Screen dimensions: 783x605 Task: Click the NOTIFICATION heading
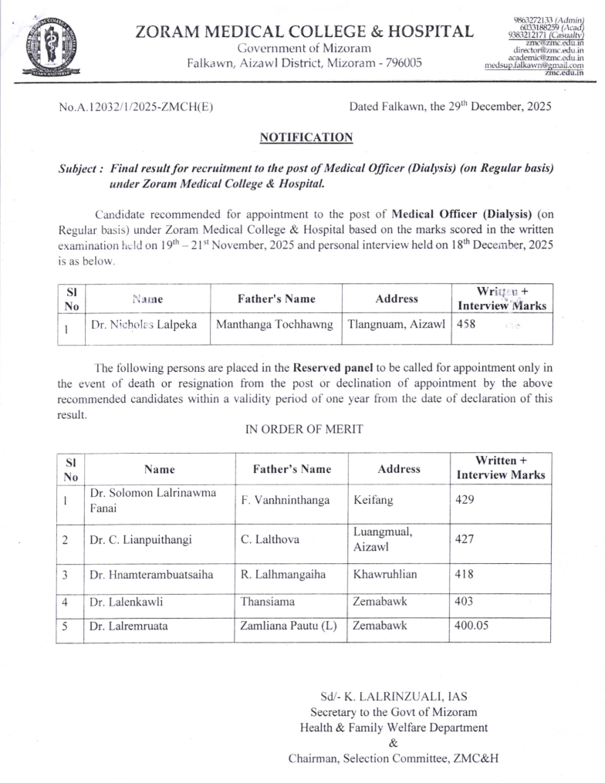pyautogui.click(x=306, y=137)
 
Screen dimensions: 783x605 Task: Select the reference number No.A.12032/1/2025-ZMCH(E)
pyautogui.click(x=136, y=107)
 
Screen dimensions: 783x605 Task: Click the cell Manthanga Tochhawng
pyautogui.click(x=275, y=325)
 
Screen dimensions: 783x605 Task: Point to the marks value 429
pyautogui.click(x=465, y=500)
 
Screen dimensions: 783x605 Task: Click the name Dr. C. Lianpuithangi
pyautogui.click(x=140, y=539)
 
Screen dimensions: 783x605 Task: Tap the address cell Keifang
pyautogui.click(x=373, y=500)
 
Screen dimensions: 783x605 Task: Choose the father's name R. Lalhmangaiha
pyautogui.click(x=283, y=575)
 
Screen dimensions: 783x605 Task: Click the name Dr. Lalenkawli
pyautogui.click(x=127, y=601)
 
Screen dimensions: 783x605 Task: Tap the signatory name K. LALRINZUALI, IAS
pyautogui.click(x=394, y=696)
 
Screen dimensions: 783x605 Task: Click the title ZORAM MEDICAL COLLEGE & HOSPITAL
pyautogui.click(x=304, y=32)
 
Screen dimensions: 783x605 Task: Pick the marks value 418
pyautogui.click(x=465, y=575)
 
